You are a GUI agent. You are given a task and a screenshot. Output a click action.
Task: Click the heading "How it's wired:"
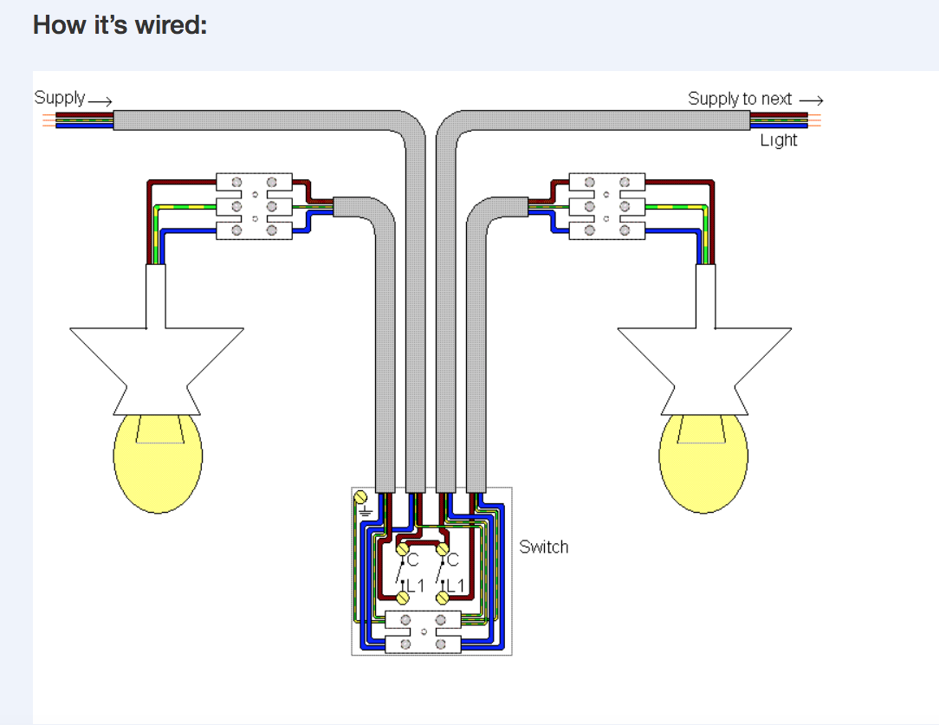click(120, 24)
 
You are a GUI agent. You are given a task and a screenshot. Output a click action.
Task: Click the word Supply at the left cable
click(60, 98)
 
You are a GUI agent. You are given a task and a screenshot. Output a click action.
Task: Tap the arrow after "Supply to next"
click(811, 100)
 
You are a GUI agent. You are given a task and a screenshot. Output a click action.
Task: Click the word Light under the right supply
click(779, 140)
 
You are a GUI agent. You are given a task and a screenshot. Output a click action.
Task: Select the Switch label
click(544, 547)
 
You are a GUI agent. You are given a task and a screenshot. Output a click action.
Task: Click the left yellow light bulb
click(159, 462)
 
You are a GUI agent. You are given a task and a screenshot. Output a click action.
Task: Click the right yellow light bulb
click(703, 462)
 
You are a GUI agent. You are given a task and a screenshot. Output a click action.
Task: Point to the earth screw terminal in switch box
click(361, 497)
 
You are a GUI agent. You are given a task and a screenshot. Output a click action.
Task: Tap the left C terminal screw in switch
click(403, 548)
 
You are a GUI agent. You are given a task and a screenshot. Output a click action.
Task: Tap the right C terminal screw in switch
click(444, 548)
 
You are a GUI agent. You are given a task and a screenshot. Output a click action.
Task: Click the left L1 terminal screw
click(403, 597)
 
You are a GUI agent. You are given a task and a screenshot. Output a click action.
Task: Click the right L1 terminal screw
click(444, 597)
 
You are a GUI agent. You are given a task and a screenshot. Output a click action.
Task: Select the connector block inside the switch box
click(423, 631)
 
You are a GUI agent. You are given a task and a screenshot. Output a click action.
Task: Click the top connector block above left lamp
click(254, 183)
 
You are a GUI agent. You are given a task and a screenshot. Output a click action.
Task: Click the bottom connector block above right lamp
click(606, 230)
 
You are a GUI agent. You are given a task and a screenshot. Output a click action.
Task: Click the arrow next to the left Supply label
click(100, 101)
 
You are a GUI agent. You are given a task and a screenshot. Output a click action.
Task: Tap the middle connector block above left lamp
click(254, 206)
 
